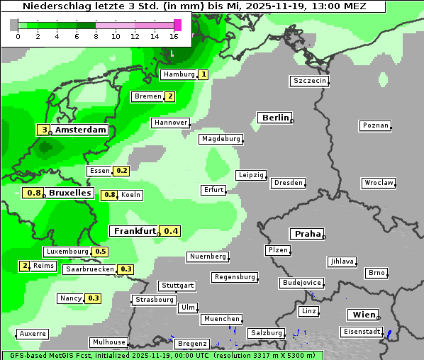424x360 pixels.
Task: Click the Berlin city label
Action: pyautogui.click(x=275, y=118)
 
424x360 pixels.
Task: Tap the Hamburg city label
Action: pyautogui.click(x=178, y=74)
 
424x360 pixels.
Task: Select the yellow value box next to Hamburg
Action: pyautogui.click(x=203, y=74)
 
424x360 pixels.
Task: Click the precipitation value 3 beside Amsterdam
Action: pyautogui.click(x=44, y=130)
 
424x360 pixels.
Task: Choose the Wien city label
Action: pyautogui.click(x=362, y=315)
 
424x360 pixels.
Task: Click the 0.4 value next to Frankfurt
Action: pyautogui.click(x=171, y=231)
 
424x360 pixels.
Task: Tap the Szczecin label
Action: pyautogui.click(x=310, y=81)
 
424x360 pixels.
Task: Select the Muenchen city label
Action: pyautogui.click(x=221, y=319)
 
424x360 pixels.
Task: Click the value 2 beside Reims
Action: pyautogui.click(x=25, y=266)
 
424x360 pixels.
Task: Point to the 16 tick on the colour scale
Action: pyautogui.click(x=174, y=36)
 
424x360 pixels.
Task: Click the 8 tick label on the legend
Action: pyautogui.click(x=96, y=36)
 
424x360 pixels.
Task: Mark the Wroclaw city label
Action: pyautogui.click(x=378, y=183)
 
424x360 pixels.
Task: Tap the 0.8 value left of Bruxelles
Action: pyautogui.click(x=33, y=193)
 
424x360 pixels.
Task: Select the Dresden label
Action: pyautogui.click(x=288, y=183)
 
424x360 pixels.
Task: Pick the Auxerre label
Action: pyautogui.click(x=33, y=333)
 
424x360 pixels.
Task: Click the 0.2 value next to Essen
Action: pyautogui.click(x=121, y=171)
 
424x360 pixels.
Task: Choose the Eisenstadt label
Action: pyautogui.click(x=361, y=332)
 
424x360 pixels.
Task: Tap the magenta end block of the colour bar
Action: pyautogui.click(x=177, y=25)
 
